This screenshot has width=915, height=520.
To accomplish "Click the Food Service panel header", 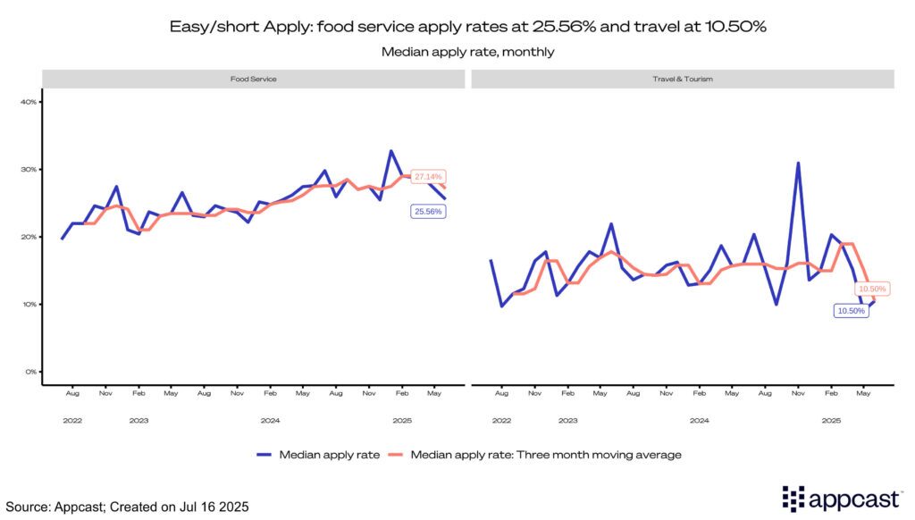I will point(254,80).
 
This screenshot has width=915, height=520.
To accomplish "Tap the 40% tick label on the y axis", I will point(28,102).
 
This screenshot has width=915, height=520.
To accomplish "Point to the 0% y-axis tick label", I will point(29,372).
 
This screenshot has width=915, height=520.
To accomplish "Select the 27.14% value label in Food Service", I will point(427,177).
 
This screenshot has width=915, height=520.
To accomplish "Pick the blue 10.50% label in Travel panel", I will point(851,311).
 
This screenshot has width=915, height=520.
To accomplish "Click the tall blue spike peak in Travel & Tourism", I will point(797,163).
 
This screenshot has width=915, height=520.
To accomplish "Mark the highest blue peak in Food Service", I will point(391,151).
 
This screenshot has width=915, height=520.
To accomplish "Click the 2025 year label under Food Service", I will point(402,419).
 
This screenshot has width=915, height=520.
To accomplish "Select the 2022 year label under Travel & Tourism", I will point(501,419).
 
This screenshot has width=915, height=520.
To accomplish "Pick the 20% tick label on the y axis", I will point(28,237).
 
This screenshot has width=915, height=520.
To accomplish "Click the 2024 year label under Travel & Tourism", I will point(700,419).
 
